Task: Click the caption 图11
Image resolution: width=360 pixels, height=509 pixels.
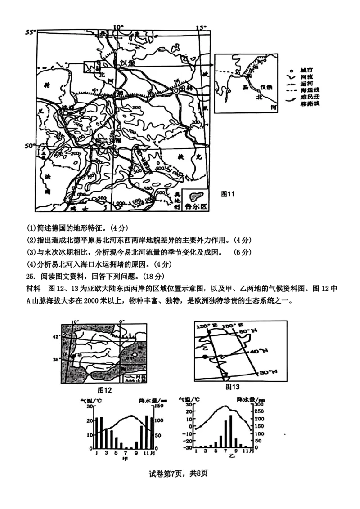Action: (x=228, y=194)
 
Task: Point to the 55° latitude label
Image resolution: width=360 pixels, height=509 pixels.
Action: (x=30, y=32)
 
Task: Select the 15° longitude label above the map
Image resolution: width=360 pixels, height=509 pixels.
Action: (x=201, y=27)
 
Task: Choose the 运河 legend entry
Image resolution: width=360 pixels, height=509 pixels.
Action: (x=306, y=84)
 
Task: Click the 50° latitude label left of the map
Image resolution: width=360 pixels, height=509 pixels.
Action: (x=29, y=146)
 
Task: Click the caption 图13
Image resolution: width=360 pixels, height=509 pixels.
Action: (x=233, y=387)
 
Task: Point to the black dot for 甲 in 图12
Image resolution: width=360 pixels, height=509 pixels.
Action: (x=73, y=355)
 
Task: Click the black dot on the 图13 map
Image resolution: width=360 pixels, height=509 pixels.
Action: (x=205, y=357)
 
